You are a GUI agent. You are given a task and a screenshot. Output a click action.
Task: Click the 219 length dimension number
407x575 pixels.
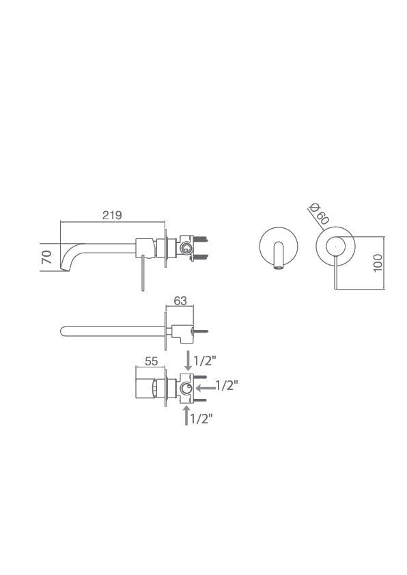coord(112,214)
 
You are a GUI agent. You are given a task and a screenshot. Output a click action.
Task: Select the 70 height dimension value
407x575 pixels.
coord(47,257)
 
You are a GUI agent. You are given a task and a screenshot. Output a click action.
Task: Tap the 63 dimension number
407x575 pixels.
coord(181,299)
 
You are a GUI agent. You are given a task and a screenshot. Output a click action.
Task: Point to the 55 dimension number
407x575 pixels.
coord(152,363)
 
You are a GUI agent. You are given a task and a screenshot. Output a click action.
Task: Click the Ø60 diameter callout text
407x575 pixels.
coord(319,214)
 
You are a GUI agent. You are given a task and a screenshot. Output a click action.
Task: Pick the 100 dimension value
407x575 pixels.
coord(379,262)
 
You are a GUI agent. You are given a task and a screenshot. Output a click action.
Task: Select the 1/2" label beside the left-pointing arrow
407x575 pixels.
coord(227,386)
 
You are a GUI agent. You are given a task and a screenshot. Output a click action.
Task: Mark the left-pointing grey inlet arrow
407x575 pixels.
coord(204,387)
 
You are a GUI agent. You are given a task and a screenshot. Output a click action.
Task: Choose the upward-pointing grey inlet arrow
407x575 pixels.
coord(186,415)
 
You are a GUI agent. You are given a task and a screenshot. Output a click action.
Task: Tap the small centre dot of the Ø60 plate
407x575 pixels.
coord(335,244)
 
